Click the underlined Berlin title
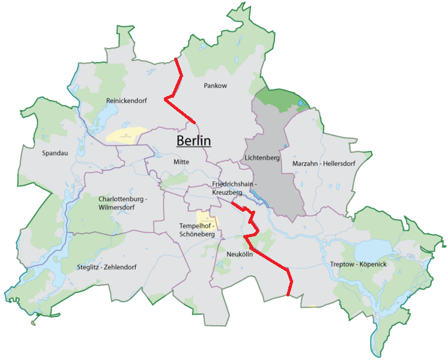193,141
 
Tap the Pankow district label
216,86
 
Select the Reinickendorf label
126,100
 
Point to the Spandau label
55,153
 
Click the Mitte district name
181,162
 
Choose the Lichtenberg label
262,158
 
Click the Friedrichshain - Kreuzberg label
235,188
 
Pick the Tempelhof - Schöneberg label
196,230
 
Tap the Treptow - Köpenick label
359,265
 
